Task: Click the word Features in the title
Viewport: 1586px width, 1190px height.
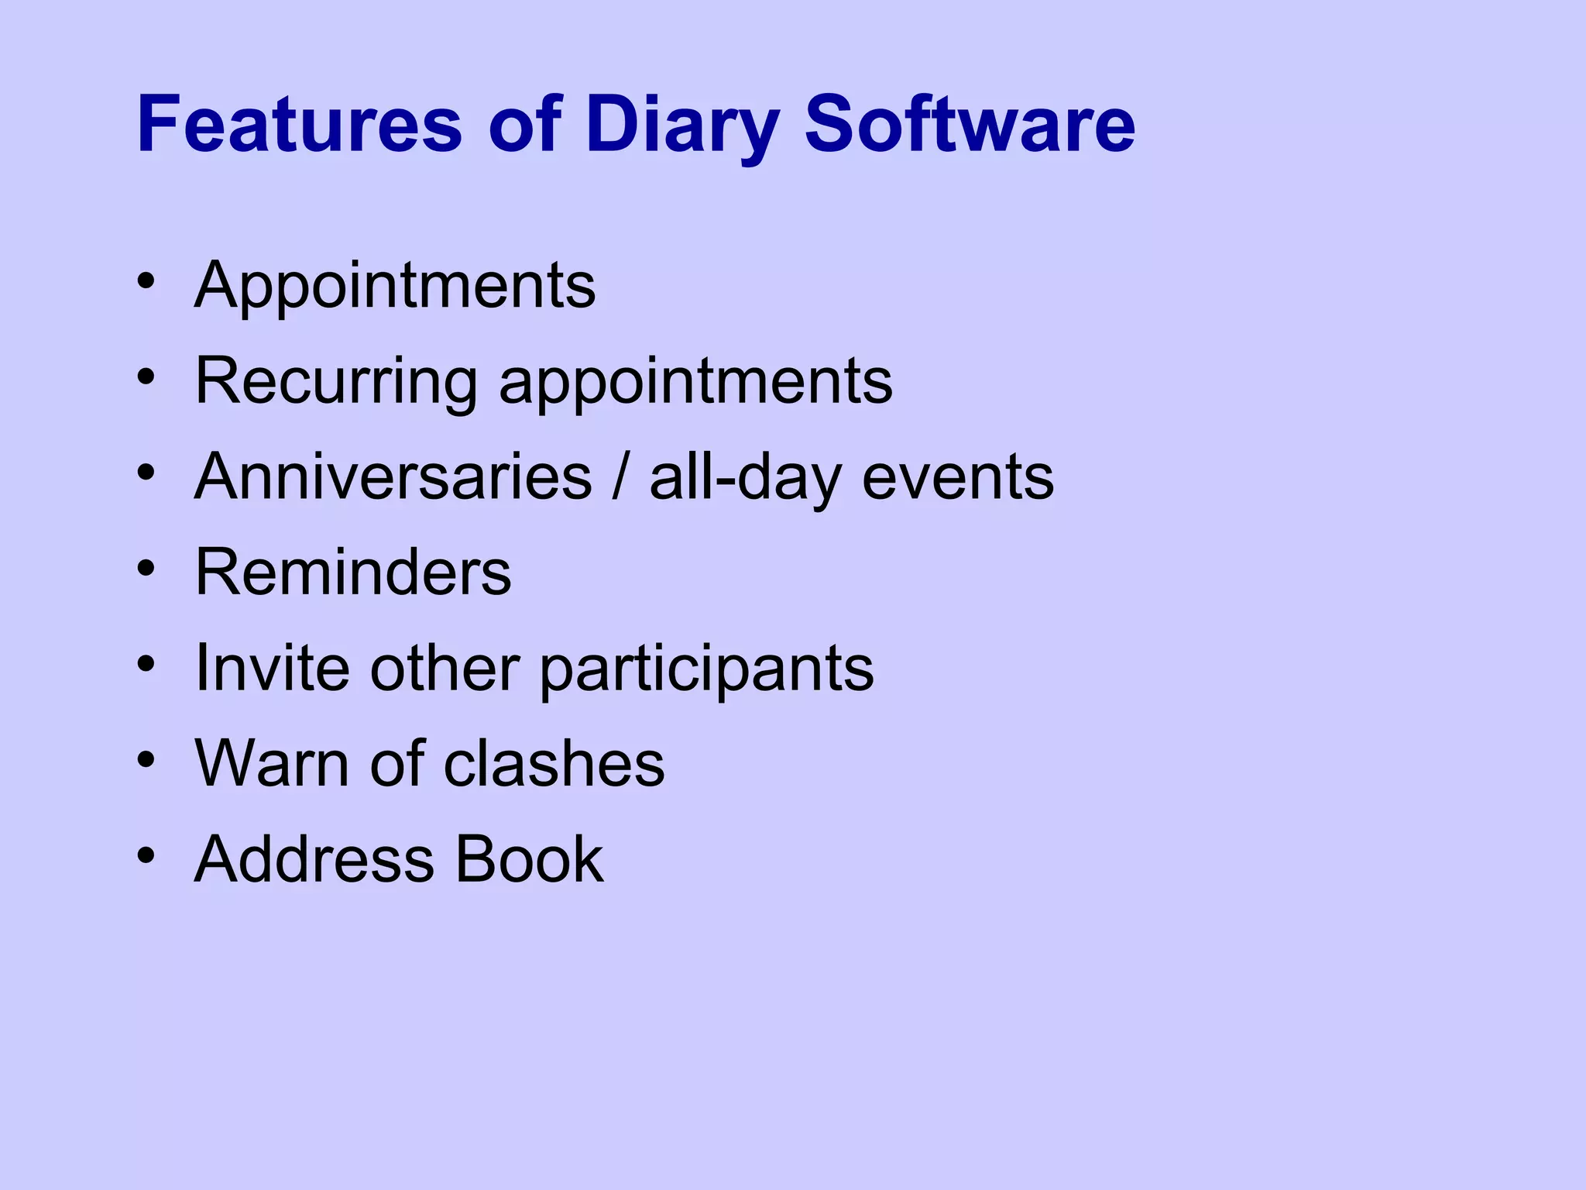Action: [x=299, y=124]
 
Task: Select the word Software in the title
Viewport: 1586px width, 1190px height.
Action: [x=970, y=124]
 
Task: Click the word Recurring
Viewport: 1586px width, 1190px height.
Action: [x=336, y=383]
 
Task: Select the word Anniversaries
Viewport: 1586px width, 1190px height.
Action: [x=393, y=477]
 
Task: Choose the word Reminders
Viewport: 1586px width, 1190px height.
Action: [x=353, y=573]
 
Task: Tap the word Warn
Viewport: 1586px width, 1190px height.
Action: [x=272, y=764]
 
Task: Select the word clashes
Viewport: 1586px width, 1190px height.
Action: [x=554, y=764]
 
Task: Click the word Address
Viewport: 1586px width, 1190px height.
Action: [x=314, y=859]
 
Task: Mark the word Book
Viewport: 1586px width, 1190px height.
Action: [x=529, y=859]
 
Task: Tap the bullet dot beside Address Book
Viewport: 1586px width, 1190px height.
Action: [x=146, y=856]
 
